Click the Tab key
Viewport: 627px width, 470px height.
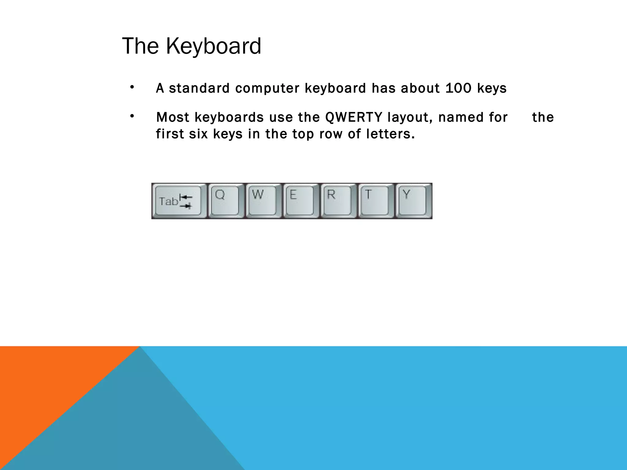(178, 201)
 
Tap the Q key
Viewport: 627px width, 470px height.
(225, 201)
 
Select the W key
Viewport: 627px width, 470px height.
(263, 201)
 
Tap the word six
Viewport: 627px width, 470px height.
(198, 134)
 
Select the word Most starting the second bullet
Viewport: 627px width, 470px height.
(172, 117)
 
